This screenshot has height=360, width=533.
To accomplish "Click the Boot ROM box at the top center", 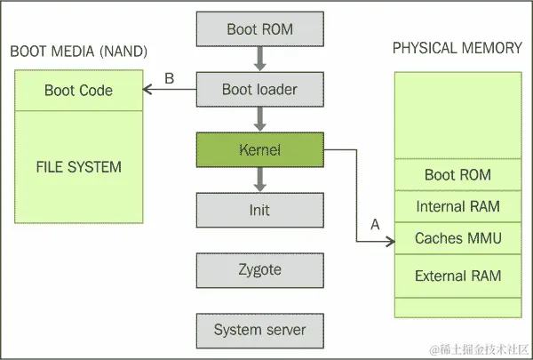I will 259,29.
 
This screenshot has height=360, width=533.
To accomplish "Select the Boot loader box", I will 259,90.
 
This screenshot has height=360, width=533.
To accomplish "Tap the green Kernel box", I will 259,150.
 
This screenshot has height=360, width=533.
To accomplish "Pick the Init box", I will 259,211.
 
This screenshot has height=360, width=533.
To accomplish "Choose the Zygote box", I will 259,270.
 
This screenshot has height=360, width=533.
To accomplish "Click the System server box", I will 259,330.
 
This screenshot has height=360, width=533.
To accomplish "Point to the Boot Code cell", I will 78,91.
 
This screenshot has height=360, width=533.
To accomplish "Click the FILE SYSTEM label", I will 78,166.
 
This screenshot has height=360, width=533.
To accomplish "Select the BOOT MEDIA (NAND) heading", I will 78,51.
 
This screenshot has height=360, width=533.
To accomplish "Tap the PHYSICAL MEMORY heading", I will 457,48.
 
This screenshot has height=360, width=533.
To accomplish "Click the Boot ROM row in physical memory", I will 457,174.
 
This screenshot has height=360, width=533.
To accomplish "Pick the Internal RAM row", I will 457,207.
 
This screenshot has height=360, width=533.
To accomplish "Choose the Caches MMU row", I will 457,238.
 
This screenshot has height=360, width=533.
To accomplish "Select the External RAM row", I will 457,276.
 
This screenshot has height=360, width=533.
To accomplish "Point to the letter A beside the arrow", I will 374,225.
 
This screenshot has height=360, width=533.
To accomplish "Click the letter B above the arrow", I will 170,79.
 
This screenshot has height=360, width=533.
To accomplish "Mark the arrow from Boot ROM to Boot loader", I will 259,60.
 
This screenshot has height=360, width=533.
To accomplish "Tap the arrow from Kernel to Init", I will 259,180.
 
